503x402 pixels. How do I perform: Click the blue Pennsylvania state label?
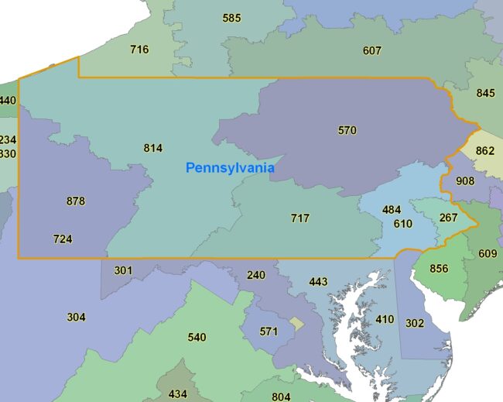click(230, 167)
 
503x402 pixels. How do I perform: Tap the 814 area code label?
click(153, 148)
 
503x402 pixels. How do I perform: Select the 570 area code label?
click(347, 130)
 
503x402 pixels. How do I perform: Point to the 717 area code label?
click(300, 218)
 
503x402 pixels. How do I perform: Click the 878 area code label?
click(75, 201)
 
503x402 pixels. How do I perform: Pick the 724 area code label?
click(63, 239)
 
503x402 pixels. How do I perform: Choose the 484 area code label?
click(392, 210)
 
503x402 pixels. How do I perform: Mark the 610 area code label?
click(402, 224)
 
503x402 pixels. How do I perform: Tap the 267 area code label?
click(449, 218)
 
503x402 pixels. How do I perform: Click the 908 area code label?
click(465, 181)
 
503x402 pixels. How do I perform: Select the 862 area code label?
click(484, 150)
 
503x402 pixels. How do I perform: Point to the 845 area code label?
click(485, 93)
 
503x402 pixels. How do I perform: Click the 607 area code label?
click(372, 51)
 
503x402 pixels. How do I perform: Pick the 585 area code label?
click(231, 18)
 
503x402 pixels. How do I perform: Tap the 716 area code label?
click(139, 50)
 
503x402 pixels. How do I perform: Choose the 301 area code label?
click(124, 270)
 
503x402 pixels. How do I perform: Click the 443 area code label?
click(318, 282)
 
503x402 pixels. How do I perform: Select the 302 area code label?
click(415, 323)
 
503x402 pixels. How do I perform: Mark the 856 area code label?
click(439, 269)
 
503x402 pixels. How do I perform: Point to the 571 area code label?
click(269, 332)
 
